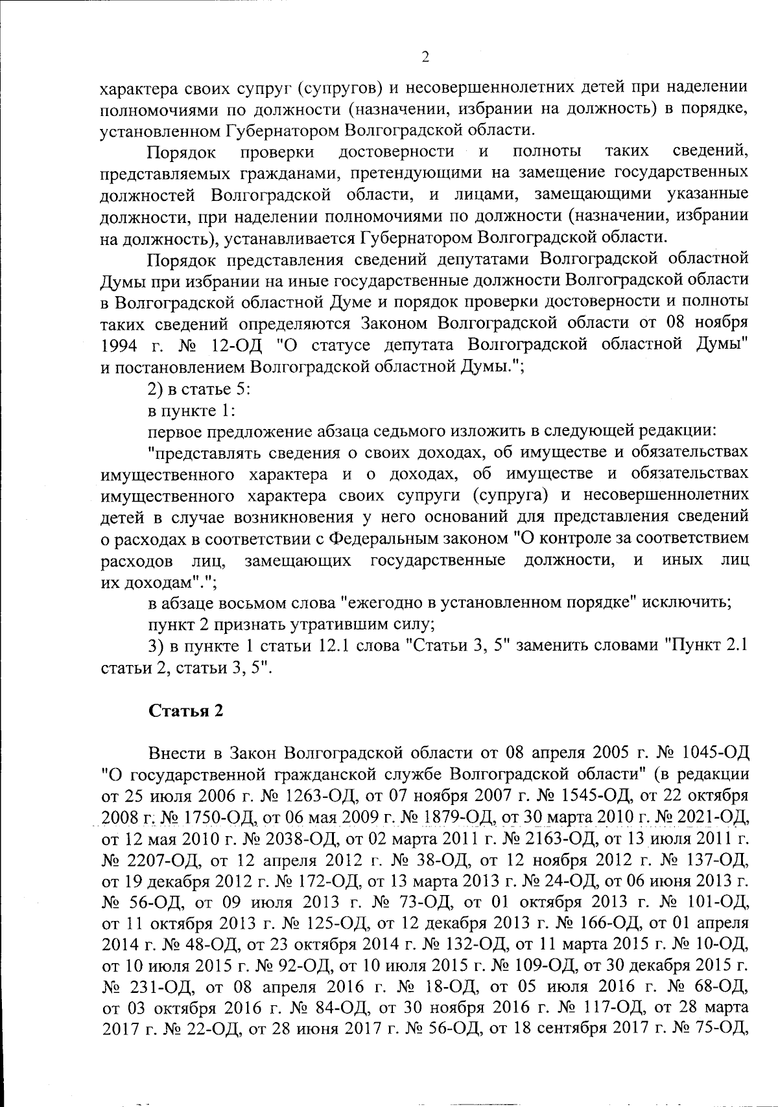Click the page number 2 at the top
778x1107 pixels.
pos(425,57)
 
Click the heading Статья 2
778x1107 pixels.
pos(187,710)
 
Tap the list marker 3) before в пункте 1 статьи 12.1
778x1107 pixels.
pos(156,646)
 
